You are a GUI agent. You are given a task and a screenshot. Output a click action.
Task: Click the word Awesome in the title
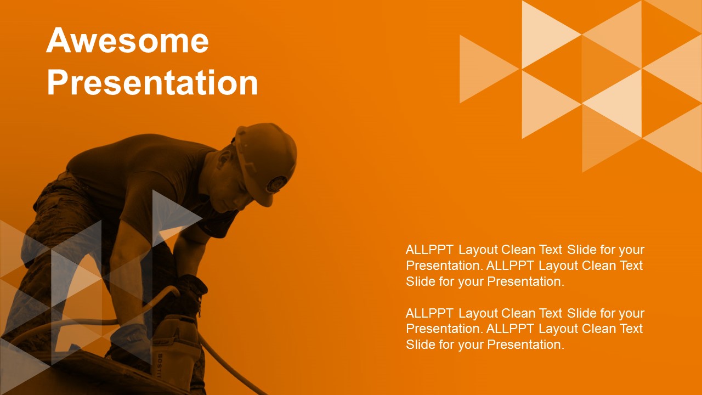(128, 40)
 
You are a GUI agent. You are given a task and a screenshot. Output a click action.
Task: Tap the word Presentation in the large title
(152, 82)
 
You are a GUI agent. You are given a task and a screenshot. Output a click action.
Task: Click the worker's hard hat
(266, 161)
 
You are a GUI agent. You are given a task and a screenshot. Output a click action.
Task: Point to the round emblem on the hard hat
(276, 183)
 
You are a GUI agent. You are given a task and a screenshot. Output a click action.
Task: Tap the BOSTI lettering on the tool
(160, 366)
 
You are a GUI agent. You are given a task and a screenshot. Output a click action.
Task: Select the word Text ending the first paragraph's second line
(631, 266)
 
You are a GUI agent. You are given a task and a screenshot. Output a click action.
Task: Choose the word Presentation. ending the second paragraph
(525, 345)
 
